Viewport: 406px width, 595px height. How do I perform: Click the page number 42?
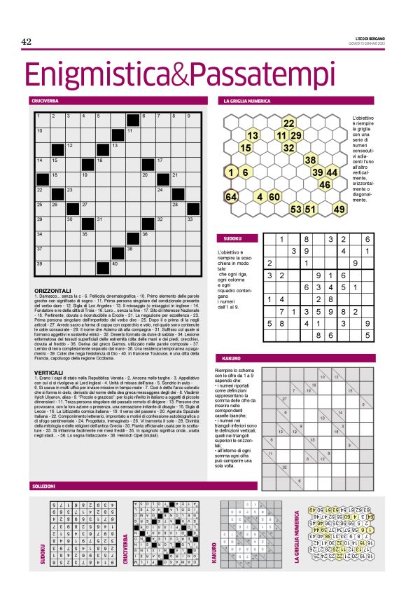(27, 42)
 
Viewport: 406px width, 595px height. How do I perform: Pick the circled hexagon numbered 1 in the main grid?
(231, 172)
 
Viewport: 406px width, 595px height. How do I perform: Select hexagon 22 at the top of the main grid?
(288, 124)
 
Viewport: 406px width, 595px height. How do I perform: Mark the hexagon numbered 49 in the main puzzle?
(339, 209)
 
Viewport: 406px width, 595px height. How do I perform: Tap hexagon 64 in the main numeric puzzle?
(231, 196)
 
